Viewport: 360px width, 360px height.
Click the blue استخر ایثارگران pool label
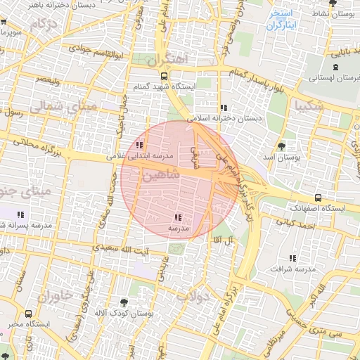tap(285, 19)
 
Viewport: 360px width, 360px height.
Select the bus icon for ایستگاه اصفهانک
tap(319, 198)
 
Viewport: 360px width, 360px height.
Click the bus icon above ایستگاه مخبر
tap(28, 314)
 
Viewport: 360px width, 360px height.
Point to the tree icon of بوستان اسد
tap(282, 146)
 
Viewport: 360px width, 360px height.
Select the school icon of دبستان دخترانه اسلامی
tap(224, 108)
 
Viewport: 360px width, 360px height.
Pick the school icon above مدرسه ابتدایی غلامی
tap(129, 145)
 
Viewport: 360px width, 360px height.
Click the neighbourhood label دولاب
tap(193, 296)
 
